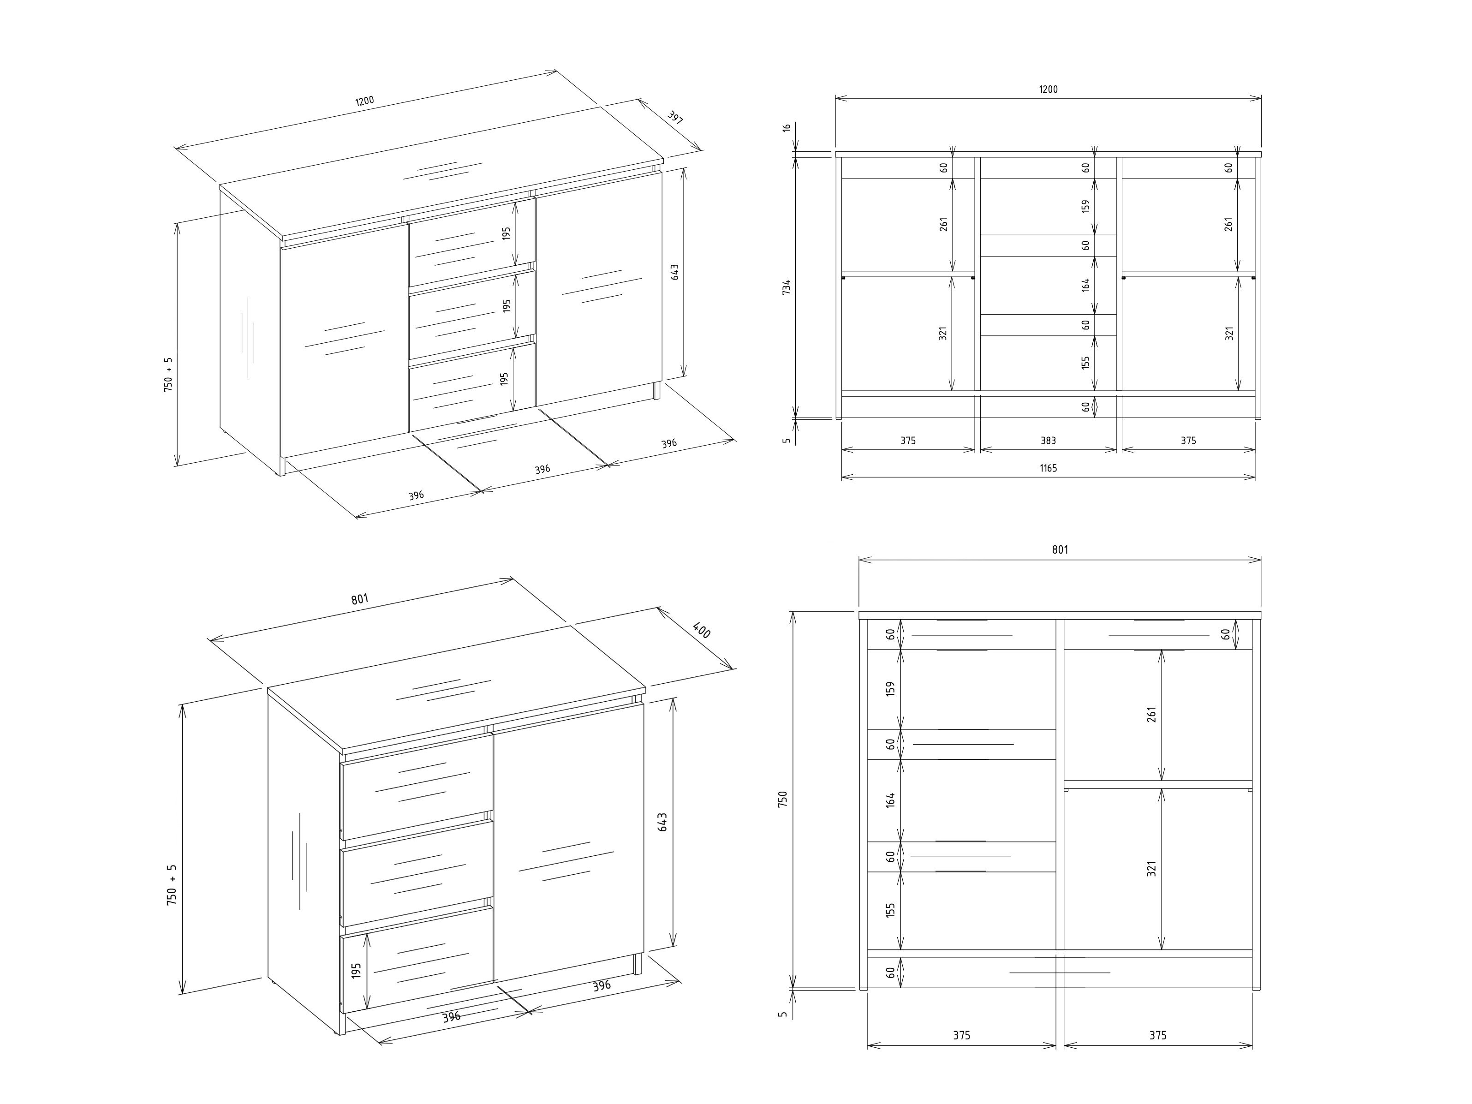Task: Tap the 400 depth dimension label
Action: point(701,630)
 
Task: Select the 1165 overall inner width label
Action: point(1048,468)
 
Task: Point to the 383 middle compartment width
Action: point(1048,441)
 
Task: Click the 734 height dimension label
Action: point(787,287)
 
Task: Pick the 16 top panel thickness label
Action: point(787,127)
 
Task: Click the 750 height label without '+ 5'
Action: point(782,799)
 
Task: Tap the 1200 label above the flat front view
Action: point(1048,89)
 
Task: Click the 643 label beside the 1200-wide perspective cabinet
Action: point(674,272)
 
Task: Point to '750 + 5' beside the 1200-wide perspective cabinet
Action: point(168,374)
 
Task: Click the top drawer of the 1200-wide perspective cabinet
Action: point(472,242)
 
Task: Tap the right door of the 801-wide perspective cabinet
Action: point(568,842)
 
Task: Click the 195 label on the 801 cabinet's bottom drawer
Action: point(356,970)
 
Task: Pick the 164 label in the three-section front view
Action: point(1085,285)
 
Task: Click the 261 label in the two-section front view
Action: point(1151,714)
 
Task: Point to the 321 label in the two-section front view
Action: point(1151,868)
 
